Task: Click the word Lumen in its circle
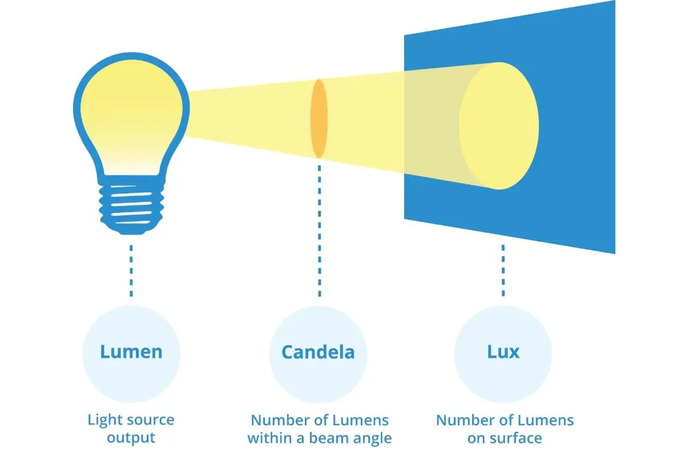tap(131, 352)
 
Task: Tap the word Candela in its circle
tap(318, 352)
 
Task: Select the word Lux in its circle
tap(503, 352)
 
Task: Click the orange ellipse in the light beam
tap(319, 119)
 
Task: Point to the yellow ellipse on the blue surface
tap(499, 126)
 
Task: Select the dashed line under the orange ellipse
tap(319, 228)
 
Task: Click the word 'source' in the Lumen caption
tap(147, 421)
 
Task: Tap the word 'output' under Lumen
tap(131, 438)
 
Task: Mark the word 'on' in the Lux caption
tap(477, 439)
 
